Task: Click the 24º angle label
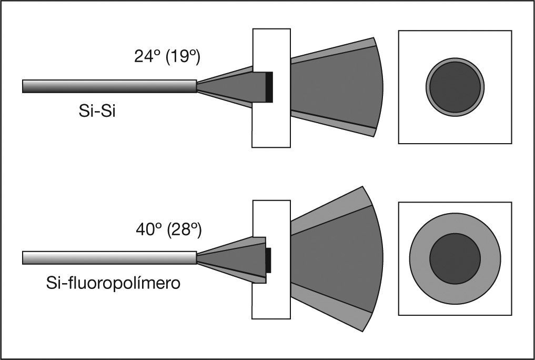point(148,57)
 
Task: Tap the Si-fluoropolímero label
point(113,283)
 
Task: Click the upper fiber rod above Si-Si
point(109,86)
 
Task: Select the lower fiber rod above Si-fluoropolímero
point(109,258)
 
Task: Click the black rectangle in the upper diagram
point(269,87)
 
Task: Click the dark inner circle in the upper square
point(455,87)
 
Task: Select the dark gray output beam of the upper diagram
point(337,87)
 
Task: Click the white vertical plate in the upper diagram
point(271,126)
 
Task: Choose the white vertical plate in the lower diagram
point(271,300)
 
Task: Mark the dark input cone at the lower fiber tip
point(231,257)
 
